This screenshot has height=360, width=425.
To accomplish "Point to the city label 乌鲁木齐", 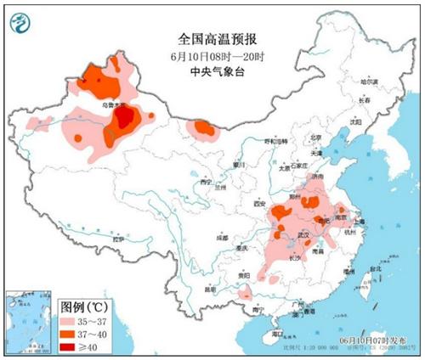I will point(114,105).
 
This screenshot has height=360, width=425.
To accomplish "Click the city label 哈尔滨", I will point(368,82).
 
